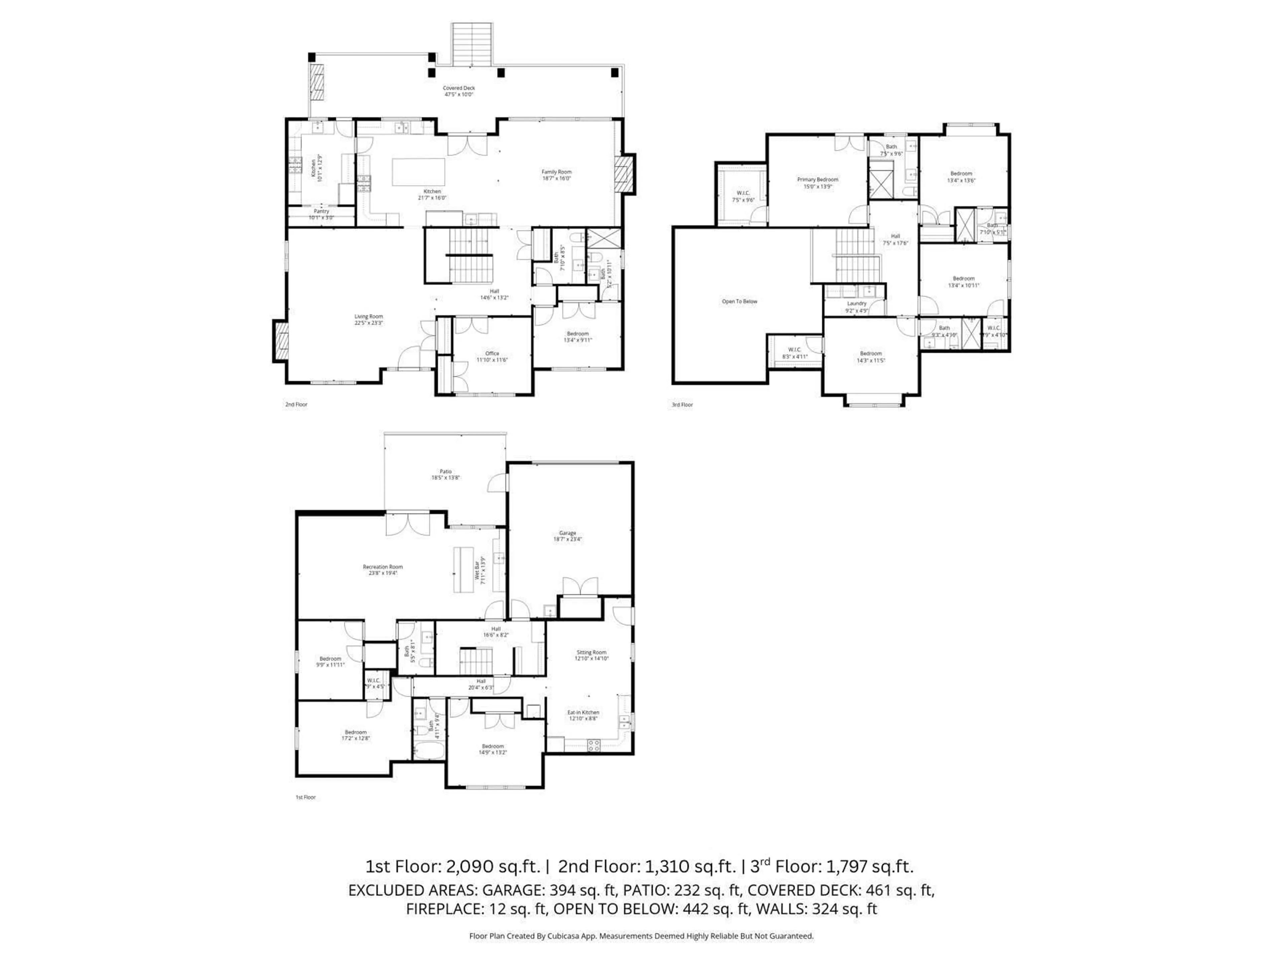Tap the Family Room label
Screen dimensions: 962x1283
pyautogui.click(x=556, y=172)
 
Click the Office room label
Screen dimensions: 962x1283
pyautogui.click(x=492, y=353)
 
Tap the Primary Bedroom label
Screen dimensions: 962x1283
pyautogui.click(x=817, y=180)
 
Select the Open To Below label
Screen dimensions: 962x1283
pyautogui.click(x=739, y=302)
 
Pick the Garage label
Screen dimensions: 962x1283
pyautogui.click(x=567, y=533)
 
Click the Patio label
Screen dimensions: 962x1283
pyautogui.click(x=445, y=471)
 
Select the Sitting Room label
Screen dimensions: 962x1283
pyautogui.click(x=591, y=652)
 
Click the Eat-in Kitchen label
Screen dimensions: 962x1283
pyautogui.click(x=583, y=712)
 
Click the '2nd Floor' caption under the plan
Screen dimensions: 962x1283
pyautogui.click(x=296, y=404)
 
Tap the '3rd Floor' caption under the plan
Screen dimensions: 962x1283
pyautogui.click(x=682, y=405)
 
